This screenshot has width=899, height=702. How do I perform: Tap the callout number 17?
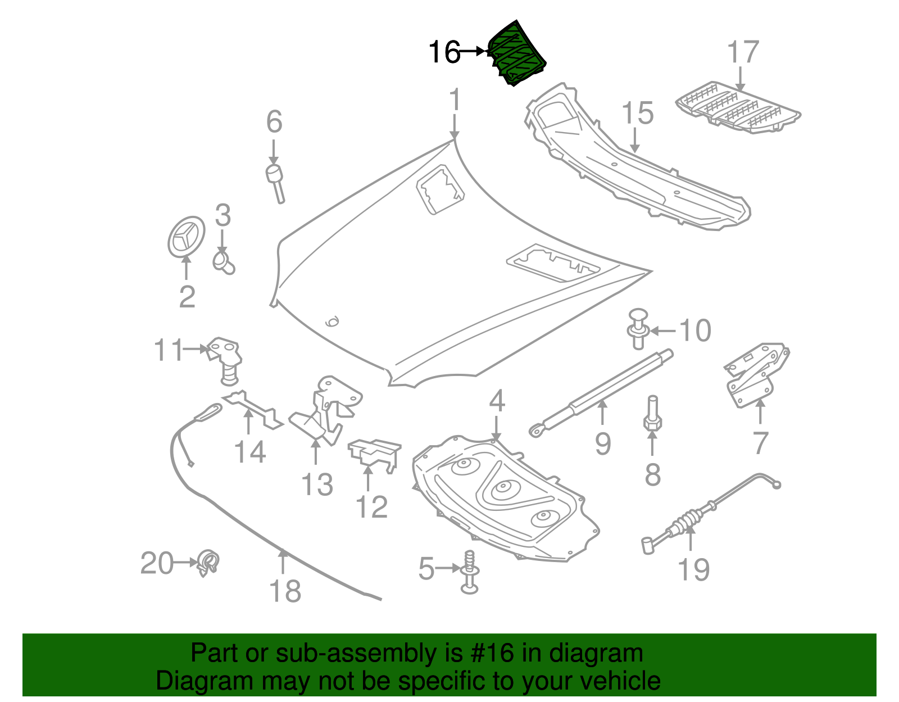[743, 52]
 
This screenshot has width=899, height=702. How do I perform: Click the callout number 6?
[274, 122]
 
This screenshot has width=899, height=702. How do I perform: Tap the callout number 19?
[694, 569]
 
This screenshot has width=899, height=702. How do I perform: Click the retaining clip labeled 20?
[208, 563]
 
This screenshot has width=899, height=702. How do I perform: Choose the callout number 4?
[497, 401]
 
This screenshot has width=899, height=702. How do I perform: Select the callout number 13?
[317, 484]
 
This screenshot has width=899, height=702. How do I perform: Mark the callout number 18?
[285, 591]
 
